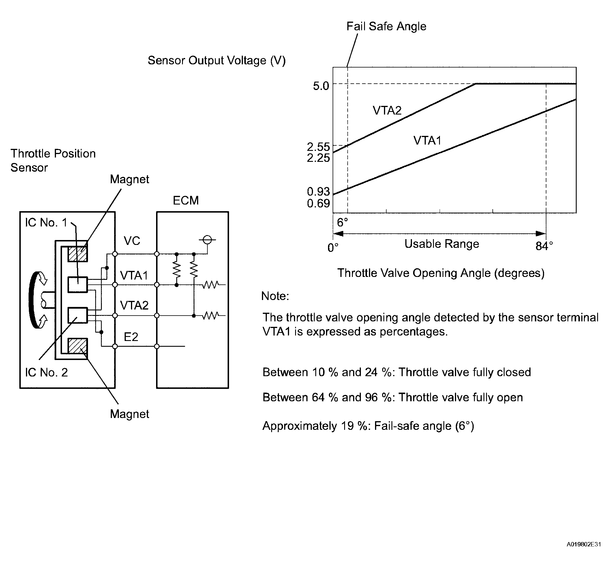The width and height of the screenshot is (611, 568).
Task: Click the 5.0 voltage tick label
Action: click(321, 86)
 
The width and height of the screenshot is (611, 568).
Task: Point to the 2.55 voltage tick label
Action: click(318, 147)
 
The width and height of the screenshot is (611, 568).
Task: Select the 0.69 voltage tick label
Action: click(318, 203)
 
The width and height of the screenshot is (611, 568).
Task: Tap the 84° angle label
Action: click(544, 246)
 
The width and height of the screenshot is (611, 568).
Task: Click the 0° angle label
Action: click(333, 248)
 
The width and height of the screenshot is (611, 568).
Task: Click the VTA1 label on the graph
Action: click(428, 140)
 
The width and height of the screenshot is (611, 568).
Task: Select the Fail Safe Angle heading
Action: click(386, 27)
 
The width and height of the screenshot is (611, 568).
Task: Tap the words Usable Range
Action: click(442, 244)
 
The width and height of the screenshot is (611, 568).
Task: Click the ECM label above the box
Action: click(185, 200)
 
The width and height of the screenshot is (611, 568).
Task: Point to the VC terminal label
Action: click(132, 241)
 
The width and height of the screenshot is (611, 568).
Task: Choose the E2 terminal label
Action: click(131, 337)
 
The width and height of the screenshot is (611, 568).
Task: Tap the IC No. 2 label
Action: click(46, 372)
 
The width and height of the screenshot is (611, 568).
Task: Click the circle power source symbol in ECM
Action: click(207, 240)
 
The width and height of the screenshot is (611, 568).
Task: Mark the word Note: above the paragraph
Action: click(275, 296)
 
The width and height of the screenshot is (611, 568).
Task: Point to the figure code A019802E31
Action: click(584, 544)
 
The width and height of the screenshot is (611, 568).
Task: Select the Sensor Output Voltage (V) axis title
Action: click(217, 61)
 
